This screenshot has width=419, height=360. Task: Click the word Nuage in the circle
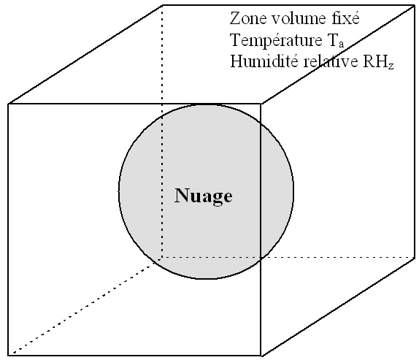pos(204,196)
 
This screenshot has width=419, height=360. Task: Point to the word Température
pos(276,41)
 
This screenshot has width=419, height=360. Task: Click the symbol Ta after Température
pos(334,41)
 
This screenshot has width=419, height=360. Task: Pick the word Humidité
pos(264,61)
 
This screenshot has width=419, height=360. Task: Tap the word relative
pos(330,61)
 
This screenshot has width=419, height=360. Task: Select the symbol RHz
pos(378,62)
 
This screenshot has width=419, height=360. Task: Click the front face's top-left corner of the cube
pos(8,104)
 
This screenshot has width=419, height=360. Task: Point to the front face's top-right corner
pos(261,104)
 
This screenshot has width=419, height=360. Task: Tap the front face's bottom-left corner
pos(8,355)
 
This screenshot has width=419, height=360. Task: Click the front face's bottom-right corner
pos(261,356)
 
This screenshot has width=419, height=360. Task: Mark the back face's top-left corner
pos(163,5)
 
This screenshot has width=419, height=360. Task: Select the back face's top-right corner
pos(415,5)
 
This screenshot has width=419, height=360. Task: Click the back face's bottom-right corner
pos(415,258)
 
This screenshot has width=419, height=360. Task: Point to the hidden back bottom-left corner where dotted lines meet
pos(161,258)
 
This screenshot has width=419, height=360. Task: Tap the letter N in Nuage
pos(182,195)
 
